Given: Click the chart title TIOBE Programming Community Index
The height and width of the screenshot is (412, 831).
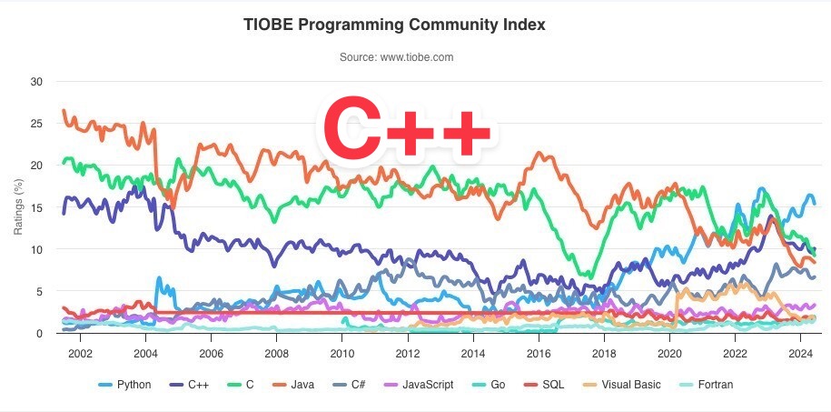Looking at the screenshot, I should pos(394,25).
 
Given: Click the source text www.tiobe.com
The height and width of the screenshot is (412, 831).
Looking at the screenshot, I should pos(396,57).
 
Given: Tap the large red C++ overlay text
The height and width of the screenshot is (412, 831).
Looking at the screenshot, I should pos(406,130).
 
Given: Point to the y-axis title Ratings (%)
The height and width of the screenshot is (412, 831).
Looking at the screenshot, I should pos(18,206).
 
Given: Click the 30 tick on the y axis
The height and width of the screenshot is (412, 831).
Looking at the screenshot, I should pos(36,82).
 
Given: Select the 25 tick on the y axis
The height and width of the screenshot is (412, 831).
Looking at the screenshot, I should pos(36,124).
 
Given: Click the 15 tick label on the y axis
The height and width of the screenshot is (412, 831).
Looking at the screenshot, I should pos(36,207).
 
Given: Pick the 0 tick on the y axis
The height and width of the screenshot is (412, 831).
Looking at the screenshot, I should pos(40,334).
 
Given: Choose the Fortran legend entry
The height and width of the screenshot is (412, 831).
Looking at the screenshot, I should pos(709,385).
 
